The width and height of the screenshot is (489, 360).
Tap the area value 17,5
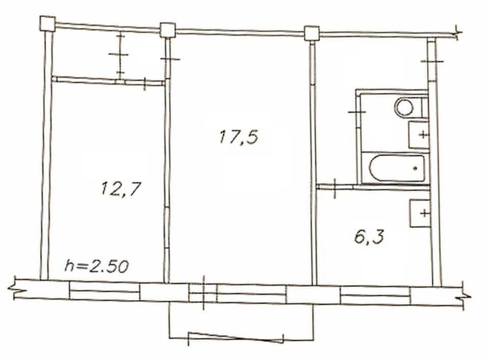[x=239, y=137]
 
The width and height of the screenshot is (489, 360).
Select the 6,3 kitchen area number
[x=369, y=237]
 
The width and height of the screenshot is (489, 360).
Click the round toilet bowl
[x=404, y=107]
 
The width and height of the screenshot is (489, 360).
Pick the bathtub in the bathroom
[x=397, y=169]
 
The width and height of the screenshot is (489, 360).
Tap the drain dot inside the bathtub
[x=415, y=169]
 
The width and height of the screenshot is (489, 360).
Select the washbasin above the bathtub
[x=419, y=135]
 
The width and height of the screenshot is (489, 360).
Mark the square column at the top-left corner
[x=48, y=24]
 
